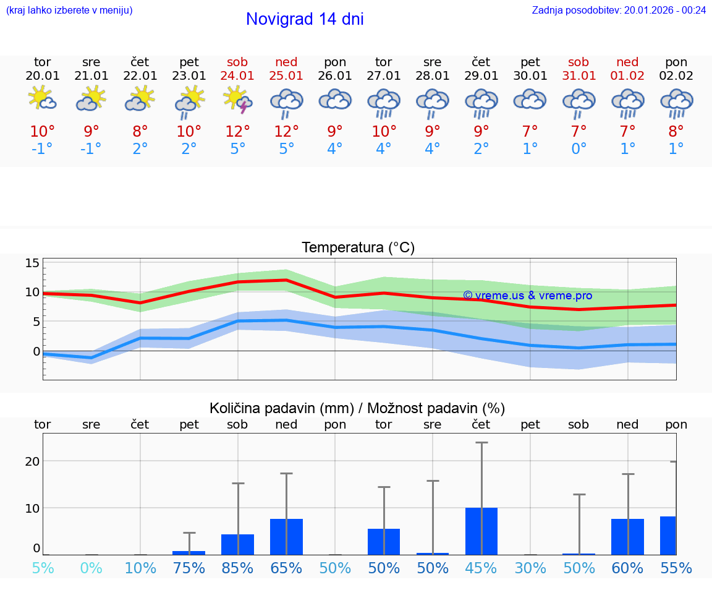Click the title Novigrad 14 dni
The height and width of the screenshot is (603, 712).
(x=305, y=19)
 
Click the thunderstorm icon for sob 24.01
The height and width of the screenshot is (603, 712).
(x=238, y=100)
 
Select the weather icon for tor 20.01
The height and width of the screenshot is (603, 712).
(x=43, y=99)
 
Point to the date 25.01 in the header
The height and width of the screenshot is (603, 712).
(x=286, y=76)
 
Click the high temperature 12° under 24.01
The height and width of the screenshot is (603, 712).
(x=238, y=131)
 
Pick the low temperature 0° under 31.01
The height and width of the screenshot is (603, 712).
(x=579, y=149)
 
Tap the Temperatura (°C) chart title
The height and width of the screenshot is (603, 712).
(x=358, y=248)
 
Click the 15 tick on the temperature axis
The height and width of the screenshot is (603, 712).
(x=32, y=263)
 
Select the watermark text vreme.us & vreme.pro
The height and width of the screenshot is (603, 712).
(x=527, y=296)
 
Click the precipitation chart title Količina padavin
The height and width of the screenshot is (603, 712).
(x=357, y=408)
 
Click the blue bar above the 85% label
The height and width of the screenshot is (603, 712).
(x=238, y=544)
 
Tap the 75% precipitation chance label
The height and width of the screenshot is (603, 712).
(x=189, y=568)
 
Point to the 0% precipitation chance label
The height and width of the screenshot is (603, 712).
(x=91, y=568)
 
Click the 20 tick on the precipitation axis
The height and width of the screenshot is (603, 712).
(x=32, y=461)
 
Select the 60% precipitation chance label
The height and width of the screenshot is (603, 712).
(x=628, y=568)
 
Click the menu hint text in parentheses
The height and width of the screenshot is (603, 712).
(x=69, y=10)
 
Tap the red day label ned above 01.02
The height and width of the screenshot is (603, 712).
(x=628, y=62)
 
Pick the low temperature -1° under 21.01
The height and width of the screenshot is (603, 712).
(x=91, y=149)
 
